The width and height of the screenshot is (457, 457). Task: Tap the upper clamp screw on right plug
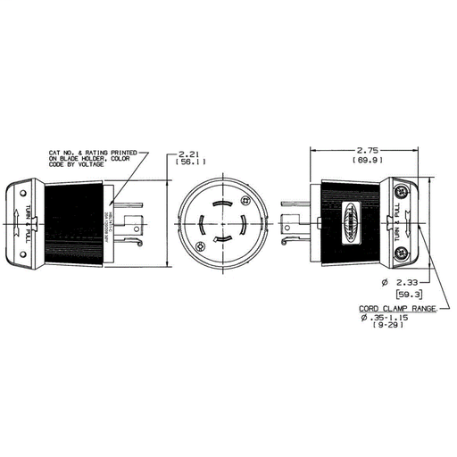399,190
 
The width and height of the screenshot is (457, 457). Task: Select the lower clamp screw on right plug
399,253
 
